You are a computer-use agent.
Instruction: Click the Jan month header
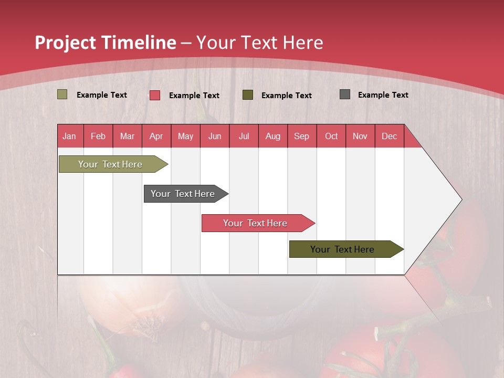(x=70, y=136)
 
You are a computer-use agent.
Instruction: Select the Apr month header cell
(x=156, y=136)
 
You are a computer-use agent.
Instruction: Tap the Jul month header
(x=244, y=136)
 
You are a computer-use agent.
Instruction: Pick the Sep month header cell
(x=302, y=136)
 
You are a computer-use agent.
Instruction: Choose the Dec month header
(x=389, y=136)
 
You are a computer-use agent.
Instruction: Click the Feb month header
(x=98, y=136)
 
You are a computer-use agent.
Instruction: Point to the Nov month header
(x=360, y=136)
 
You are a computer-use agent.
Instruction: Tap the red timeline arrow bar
(x=256, y=223)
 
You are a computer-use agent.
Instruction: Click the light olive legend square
(x=62, y=94)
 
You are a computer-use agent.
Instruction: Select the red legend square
(x=154, y=95)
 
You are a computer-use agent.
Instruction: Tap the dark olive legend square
(x=248, y=95)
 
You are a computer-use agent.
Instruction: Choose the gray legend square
(x=345, y=94)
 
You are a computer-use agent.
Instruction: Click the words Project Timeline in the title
(x=105, y=43)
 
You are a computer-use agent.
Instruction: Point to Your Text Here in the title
(x=259, y=43)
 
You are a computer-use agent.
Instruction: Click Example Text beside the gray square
(x=383, y=94)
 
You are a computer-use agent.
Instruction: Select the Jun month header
(x=215, y=136)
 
